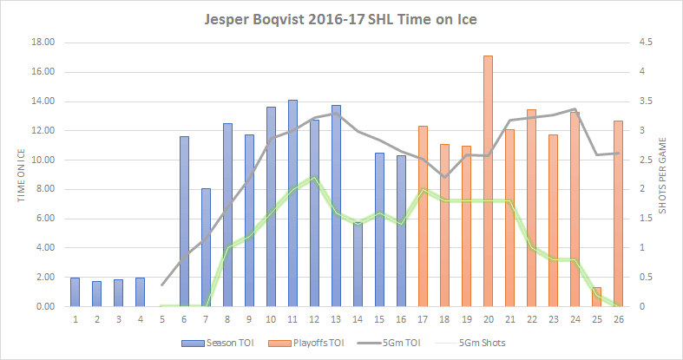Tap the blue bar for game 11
point(292,203)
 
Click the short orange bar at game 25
point(596,297)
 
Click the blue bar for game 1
point(76,291)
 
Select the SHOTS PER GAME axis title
point(665,173)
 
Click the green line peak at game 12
point(314,177)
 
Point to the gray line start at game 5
point(162,284)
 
